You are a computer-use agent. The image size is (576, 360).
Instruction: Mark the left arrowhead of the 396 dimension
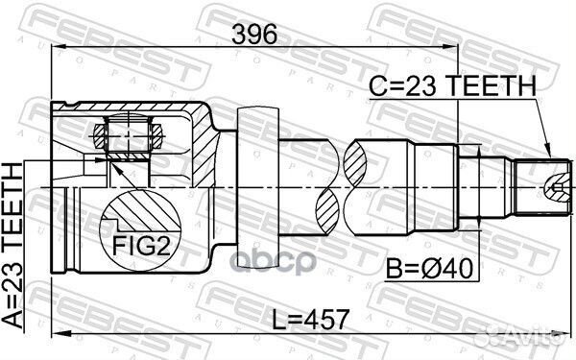[x=55, y=48]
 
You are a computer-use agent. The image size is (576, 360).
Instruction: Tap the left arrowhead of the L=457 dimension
[x=55, y=332]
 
